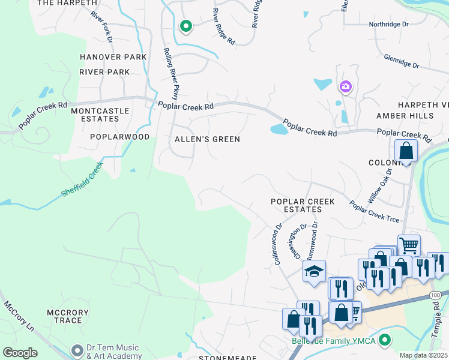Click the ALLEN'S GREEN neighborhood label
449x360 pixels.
point(207,139)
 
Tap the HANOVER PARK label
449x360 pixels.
point(113,57)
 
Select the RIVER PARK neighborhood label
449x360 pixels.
point(104,72)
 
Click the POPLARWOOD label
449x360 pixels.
point(119,137)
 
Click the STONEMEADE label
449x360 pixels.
point(224,356)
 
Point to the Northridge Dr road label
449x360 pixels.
point(388,25)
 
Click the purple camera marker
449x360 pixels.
point(345,87)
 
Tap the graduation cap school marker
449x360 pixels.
point(314,272)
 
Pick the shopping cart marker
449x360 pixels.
point(409,245)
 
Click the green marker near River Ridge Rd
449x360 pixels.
point(186,26)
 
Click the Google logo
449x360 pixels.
point(20,352)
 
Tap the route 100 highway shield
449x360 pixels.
point(435,295)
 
